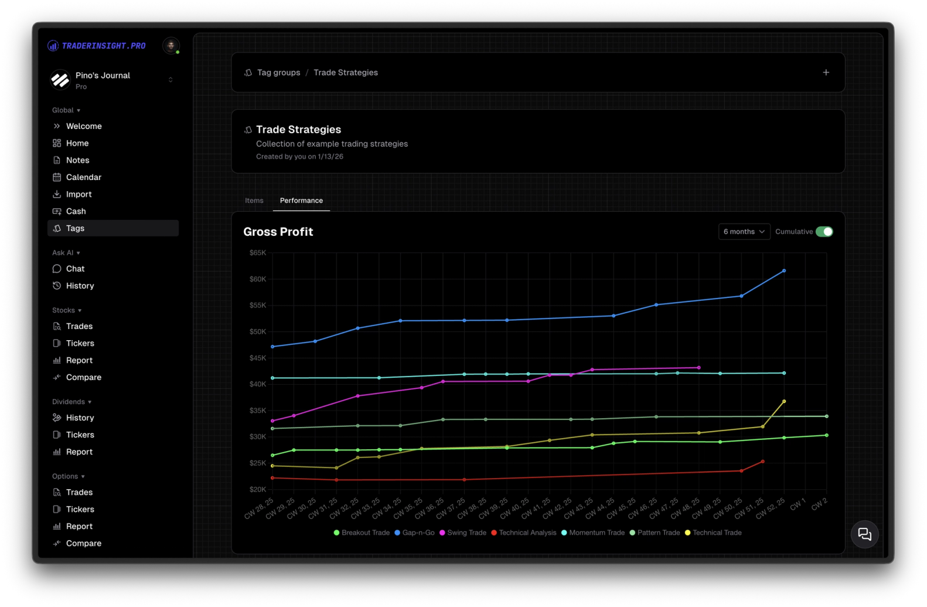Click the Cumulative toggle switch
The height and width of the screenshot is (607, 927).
824,232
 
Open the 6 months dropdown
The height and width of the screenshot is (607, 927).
744,232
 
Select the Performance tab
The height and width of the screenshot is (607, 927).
301,201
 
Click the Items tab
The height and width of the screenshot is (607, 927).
254,201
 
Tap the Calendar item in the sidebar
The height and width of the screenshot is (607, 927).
83,177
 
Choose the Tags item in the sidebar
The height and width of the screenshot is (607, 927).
75,228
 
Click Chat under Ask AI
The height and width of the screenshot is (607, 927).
75,269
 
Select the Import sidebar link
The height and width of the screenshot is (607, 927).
79,194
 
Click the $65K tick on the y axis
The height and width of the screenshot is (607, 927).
258,253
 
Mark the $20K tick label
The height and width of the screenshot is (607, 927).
258,489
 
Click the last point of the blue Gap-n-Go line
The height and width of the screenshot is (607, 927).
784,271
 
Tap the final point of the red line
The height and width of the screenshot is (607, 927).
762,462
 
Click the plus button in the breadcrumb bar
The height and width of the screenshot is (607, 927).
826,73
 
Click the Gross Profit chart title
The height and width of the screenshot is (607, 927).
278,232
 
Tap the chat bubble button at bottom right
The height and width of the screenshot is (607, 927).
864,534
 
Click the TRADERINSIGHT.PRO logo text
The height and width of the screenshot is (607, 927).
104,46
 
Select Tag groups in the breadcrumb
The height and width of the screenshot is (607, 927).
278,73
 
